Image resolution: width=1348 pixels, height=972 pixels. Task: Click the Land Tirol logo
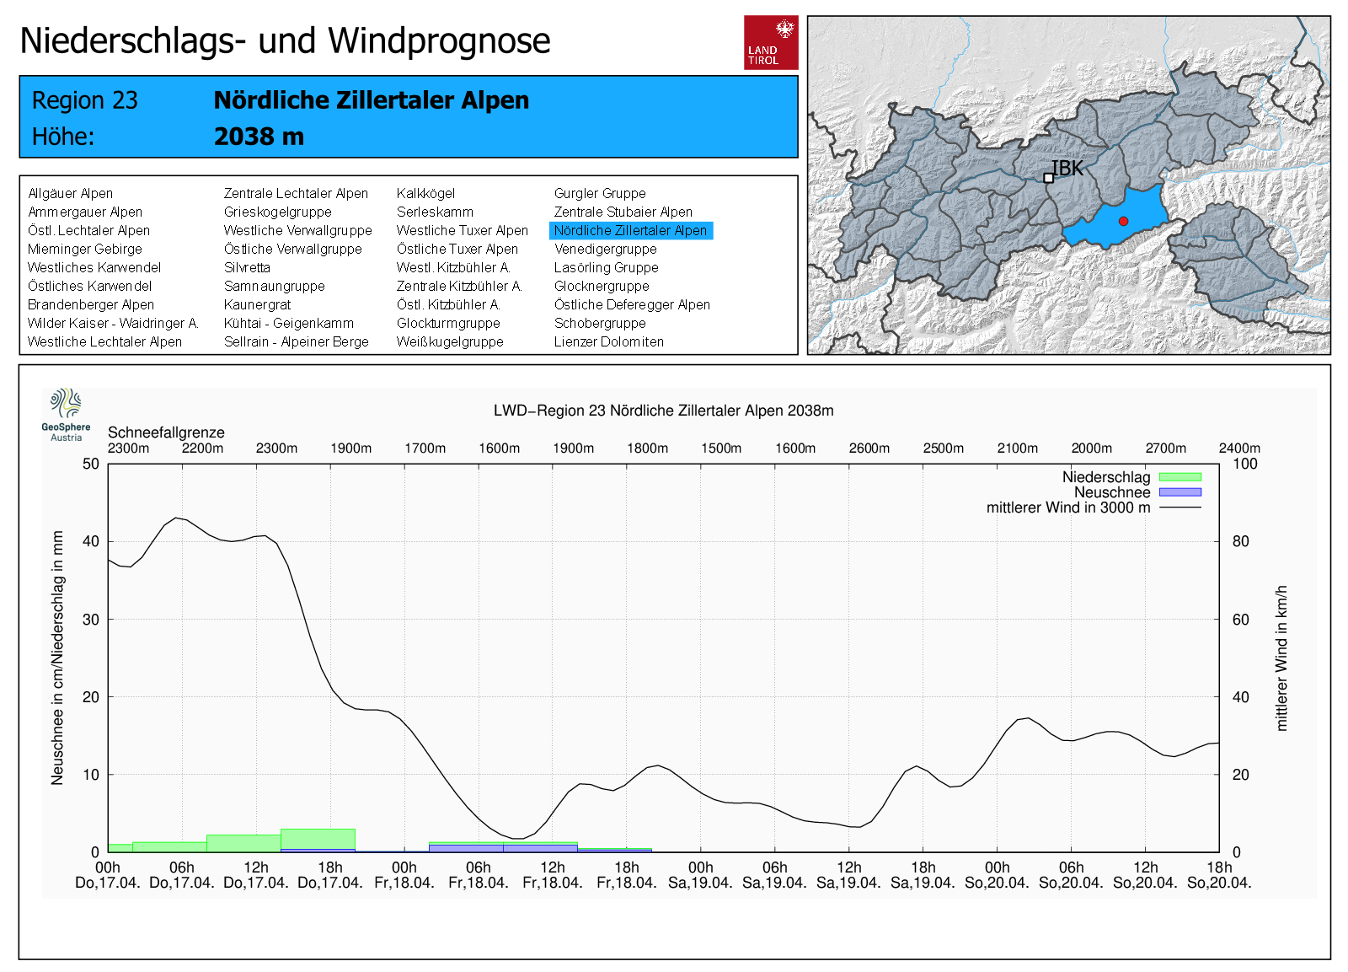coord(771,42)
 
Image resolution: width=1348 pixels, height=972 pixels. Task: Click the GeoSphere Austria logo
coord(66,414)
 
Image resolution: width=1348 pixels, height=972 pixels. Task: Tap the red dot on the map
coord(1123,221)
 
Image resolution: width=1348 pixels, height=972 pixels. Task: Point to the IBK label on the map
coord(1067,169)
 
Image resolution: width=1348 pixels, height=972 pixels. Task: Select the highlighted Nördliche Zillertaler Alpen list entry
coord(630,230)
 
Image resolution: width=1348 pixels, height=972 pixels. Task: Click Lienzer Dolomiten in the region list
coord(608,341)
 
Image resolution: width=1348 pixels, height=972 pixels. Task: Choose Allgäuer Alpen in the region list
coord(70,193)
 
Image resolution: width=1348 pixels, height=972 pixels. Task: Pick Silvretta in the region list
coord(247,267)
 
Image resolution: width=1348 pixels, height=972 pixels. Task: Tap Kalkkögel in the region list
coord(425,193)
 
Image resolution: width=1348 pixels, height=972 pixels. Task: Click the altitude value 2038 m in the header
coord(259,137)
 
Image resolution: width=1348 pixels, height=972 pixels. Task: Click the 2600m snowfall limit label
coord(869,448)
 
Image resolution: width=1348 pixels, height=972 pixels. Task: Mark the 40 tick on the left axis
coord(91,541)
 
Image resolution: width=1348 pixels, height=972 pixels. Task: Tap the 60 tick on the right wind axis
coord(1240,620)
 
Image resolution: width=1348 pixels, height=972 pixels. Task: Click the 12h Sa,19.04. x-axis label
coord(848,875)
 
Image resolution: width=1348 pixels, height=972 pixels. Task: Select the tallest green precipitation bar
coord(318,839)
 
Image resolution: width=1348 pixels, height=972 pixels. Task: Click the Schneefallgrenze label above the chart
coord(166,432)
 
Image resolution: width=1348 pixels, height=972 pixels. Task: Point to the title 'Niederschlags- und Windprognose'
coord(285,40)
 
